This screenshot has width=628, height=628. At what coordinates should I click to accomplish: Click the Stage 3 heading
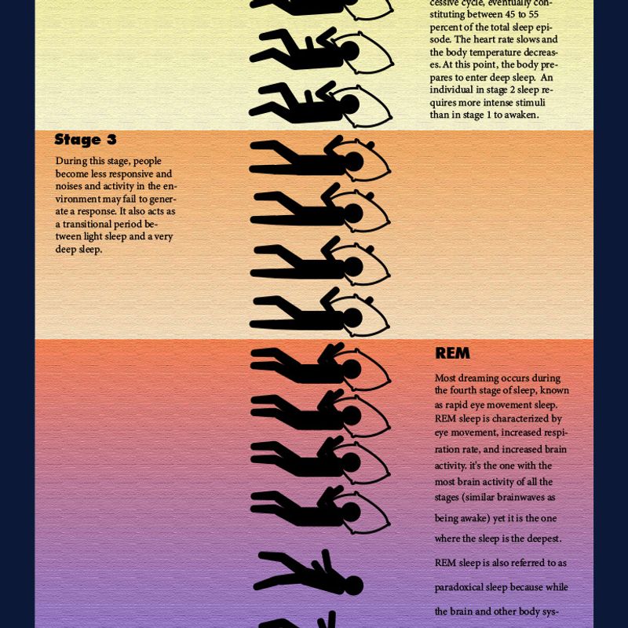(x=86, y=140)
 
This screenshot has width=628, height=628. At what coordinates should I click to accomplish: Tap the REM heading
(x=452, y=352)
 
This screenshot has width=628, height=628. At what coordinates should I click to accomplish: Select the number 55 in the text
(x=532, y=14)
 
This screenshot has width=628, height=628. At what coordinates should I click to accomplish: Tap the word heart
(x=484, y=40)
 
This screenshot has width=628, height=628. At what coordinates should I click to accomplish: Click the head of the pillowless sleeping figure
(x=353, y=585)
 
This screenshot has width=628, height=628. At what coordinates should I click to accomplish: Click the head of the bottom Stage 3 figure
(x=352, y=318)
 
